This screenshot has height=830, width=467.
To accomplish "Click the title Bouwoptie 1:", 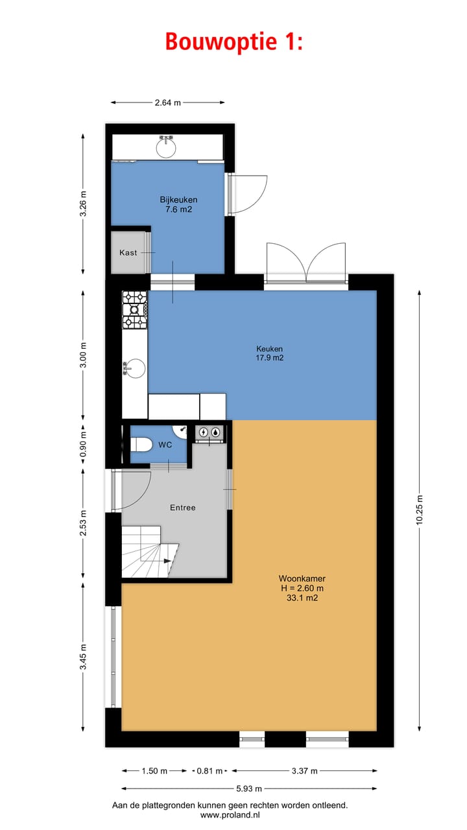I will pyautogui.click(x=233, y=41).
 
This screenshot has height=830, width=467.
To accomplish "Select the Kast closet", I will pyautogui.click(x=128, y=252).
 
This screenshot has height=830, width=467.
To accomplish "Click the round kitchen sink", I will pyautogui.click(x=135, y=368).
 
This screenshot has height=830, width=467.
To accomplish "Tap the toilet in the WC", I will pyautogui.click(x=141, y=444).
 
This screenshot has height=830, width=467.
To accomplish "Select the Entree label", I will pyautogui.click(x=183, y=508).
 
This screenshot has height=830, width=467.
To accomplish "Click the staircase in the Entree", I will pyautogui.click(x=149, y=552).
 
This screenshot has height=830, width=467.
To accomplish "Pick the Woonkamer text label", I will pyautogui.click(x=302, y=578).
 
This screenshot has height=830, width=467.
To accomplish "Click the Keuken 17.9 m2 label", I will pyautogui.click(x=269, y=353).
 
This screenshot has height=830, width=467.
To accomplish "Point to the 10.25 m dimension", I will pyautogui.click(x=420, y=511).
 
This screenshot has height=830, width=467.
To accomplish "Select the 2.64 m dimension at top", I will pyautogui.click(x=167, y=102).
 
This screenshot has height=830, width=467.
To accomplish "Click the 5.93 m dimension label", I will pyautogui.click(x=249, y=789).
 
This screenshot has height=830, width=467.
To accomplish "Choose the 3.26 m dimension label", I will pyautogui.click(x=83, y=204).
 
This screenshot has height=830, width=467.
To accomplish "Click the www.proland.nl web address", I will pyautogui.click(x=230, y=814).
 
